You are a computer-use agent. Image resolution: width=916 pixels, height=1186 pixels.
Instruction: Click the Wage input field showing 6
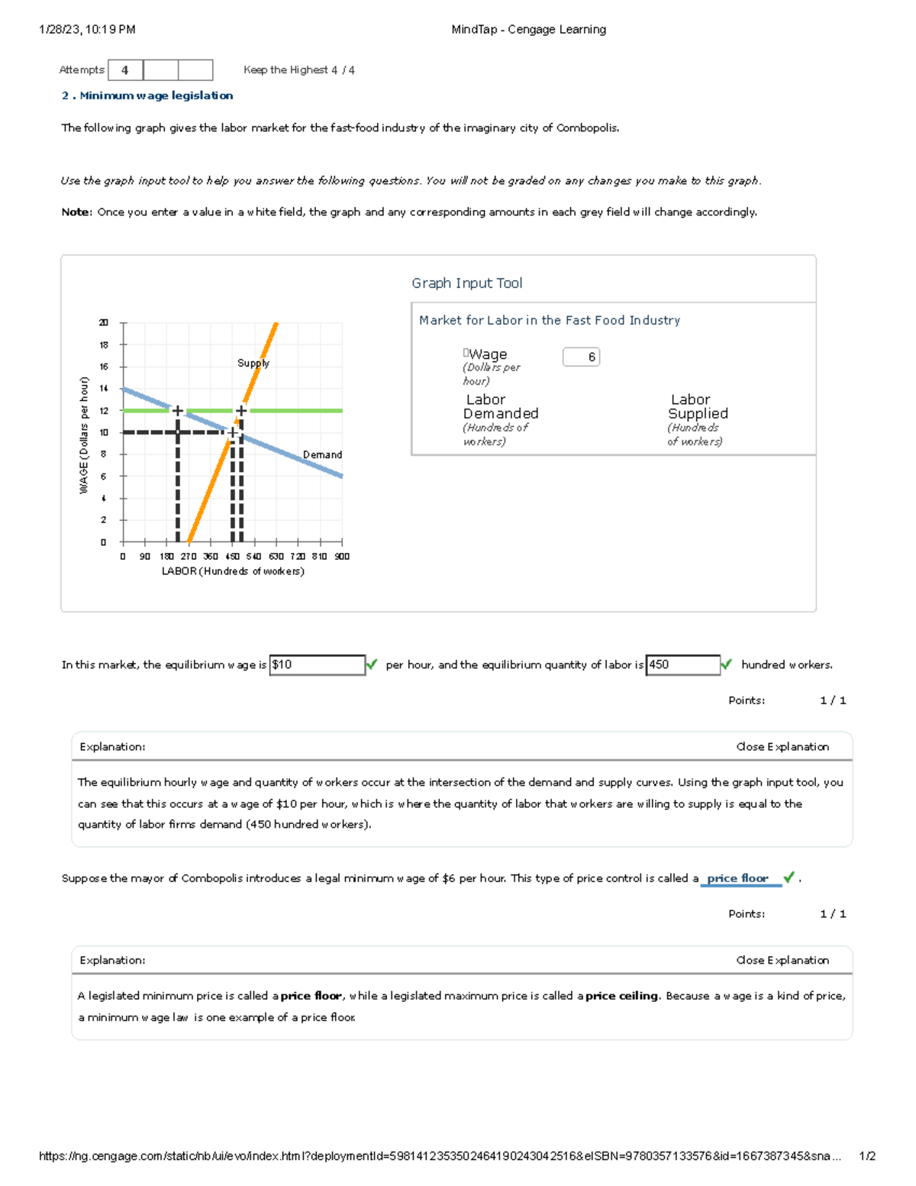coord(581,357)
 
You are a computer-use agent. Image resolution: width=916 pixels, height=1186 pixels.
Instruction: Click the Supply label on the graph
coord(253,364)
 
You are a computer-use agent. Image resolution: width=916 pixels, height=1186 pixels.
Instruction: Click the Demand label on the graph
coord(322,454)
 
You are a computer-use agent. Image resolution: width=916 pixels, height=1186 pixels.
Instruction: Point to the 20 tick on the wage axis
coord(104,323)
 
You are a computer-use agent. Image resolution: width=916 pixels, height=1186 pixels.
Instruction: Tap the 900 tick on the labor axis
coord(342,557)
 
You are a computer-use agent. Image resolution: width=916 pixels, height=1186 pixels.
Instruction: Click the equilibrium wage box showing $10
coord(317,665)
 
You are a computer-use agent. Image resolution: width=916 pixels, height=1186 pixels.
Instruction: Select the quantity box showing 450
coord(682,665)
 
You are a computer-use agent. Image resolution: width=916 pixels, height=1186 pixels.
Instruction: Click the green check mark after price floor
coord(789,877)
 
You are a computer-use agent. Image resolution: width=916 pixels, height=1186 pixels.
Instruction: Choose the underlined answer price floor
coord(737,878)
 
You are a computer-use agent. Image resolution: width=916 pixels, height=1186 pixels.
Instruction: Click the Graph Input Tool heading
coord(467,283)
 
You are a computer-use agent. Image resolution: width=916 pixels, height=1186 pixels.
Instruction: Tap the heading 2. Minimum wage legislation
coord(147,95)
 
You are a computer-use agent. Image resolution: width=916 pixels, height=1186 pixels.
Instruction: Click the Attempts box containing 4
coord(125,70)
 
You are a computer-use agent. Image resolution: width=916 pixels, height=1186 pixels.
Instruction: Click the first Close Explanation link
coord(782,747)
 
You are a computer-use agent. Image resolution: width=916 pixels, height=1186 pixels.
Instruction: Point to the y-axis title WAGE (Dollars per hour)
coord(84,435)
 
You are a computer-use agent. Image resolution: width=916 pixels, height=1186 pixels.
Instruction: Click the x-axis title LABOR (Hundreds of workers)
coord(233,571)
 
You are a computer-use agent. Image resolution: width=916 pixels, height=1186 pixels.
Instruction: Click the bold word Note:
coord(76,212)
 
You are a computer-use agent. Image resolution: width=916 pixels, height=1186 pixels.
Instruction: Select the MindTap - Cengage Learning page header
coord(528,30)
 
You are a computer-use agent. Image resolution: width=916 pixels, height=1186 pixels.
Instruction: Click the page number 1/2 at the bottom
coord(866,1156)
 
